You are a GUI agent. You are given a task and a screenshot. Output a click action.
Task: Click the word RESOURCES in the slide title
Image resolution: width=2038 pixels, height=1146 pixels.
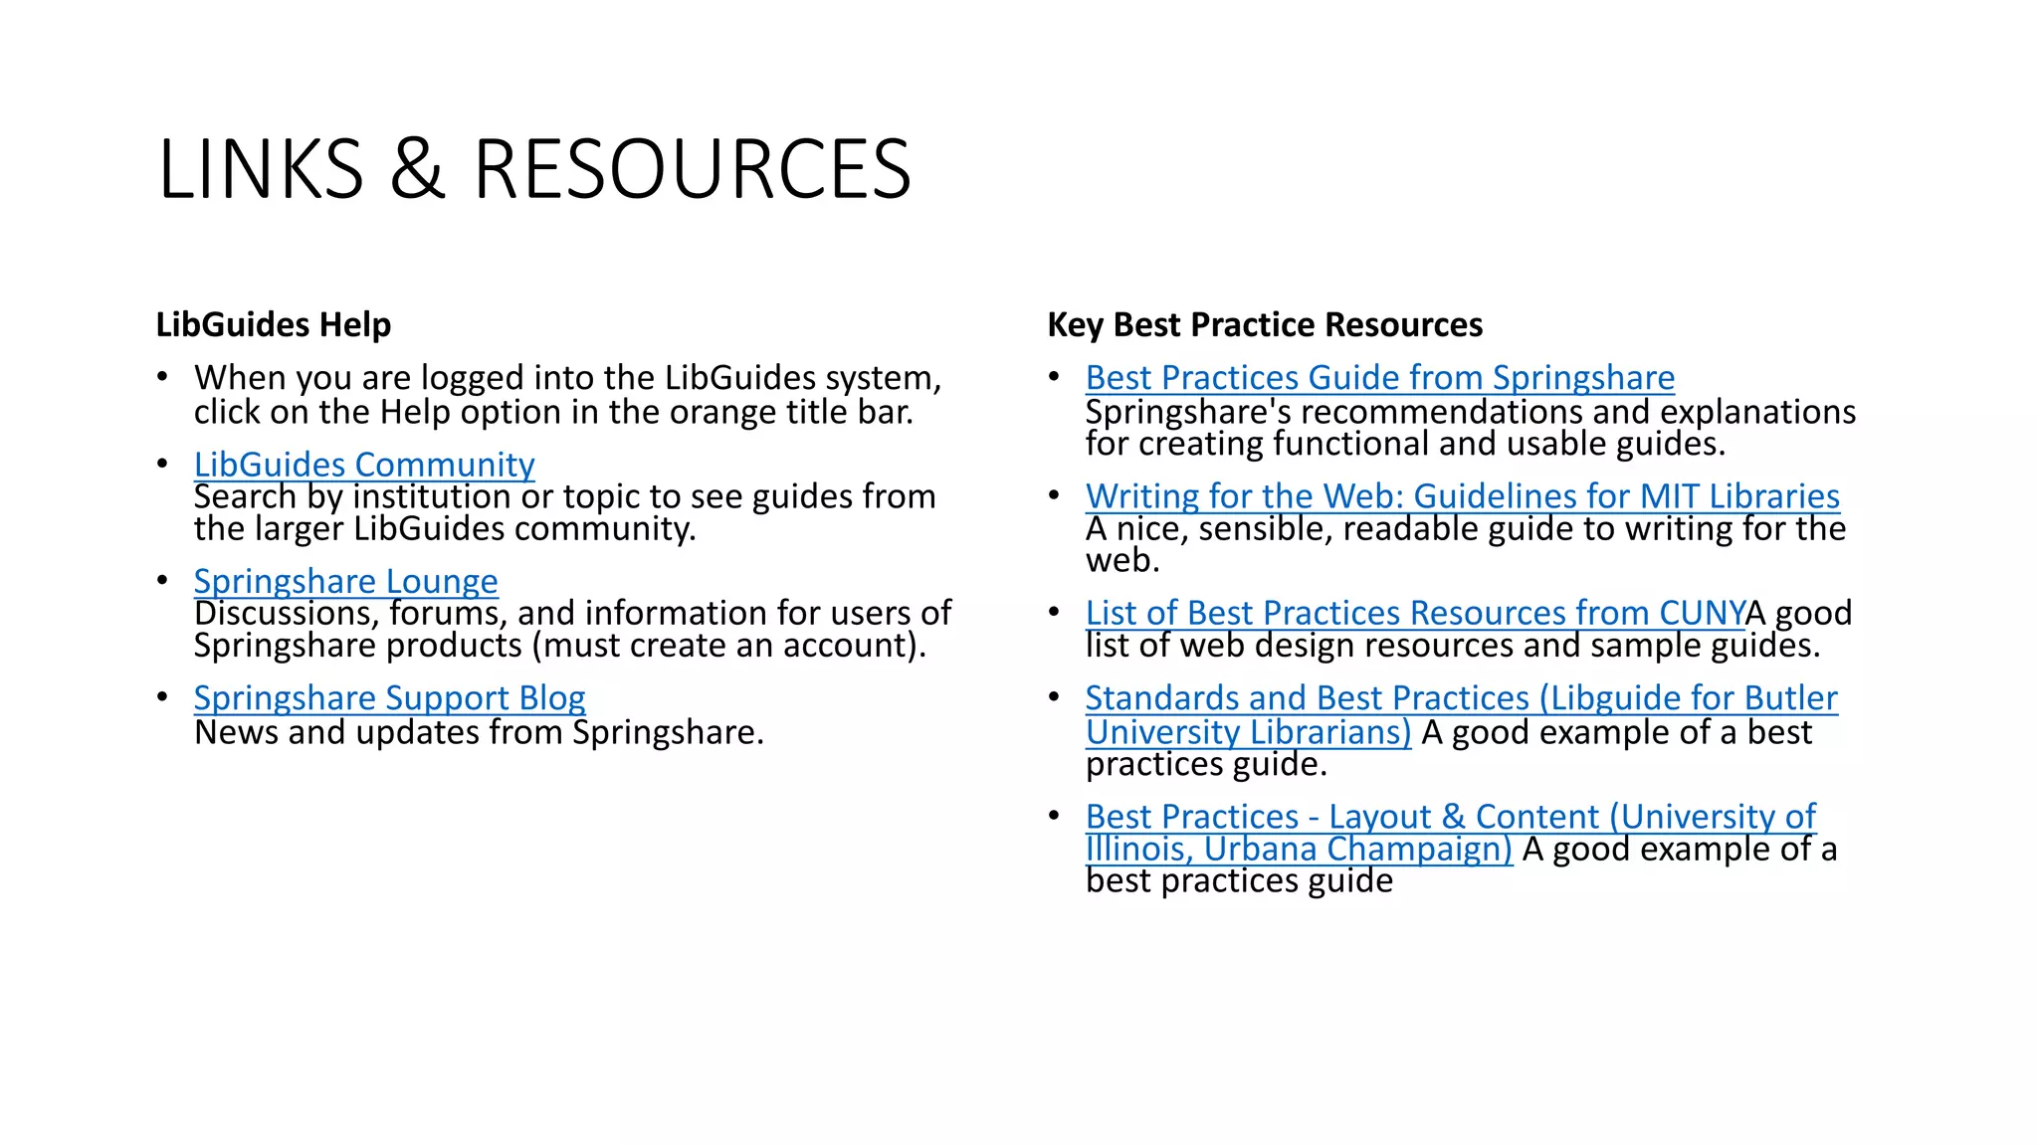(x=692, y=169)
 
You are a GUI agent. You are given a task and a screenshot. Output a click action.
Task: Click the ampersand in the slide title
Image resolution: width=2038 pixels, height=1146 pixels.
(x=417, y=169)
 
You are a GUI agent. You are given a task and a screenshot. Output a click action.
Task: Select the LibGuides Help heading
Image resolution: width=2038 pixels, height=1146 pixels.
(x=274, y=325)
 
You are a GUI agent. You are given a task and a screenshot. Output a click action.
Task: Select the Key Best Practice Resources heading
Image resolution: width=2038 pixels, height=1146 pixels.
(x=1265, y=325)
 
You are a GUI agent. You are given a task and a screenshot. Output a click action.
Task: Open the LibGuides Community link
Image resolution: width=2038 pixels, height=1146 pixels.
(x=364, y=465)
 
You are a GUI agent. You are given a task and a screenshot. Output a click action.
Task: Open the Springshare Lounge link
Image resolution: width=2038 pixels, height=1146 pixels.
(x=345, y=581)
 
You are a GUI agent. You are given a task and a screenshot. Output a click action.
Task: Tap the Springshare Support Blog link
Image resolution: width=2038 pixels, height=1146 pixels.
(x=389, y=698)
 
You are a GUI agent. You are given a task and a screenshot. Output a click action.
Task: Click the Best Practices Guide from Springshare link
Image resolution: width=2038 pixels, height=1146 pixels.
(x=1379, y=378)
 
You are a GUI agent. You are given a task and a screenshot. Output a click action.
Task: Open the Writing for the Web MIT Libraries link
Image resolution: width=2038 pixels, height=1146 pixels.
(x=1462, y=496)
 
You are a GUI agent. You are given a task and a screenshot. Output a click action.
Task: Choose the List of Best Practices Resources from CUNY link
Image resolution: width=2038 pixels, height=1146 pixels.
(x=1414, y=613)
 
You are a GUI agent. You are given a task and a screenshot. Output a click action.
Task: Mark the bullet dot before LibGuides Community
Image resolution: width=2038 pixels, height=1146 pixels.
(x=162, y=465)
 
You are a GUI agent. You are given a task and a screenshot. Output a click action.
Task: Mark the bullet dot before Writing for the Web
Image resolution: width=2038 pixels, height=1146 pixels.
(x=1054, y=495)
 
